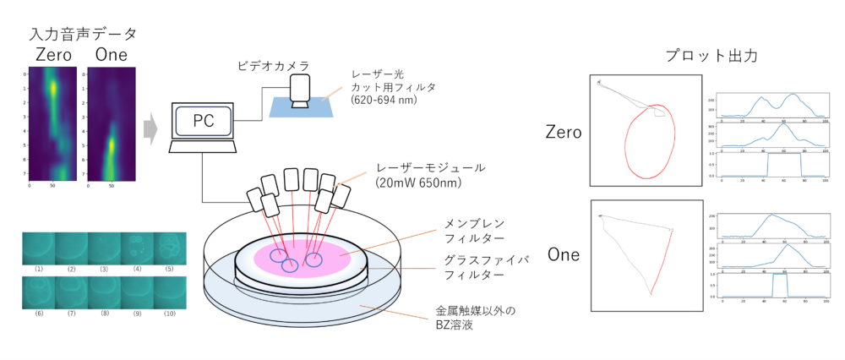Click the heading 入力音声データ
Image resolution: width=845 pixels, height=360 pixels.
(x=82, y=35)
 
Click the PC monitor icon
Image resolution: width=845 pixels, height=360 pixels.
(x=204, y=122)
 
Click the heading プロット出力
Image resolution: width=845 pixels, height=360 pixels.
(x=710, y=56)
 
